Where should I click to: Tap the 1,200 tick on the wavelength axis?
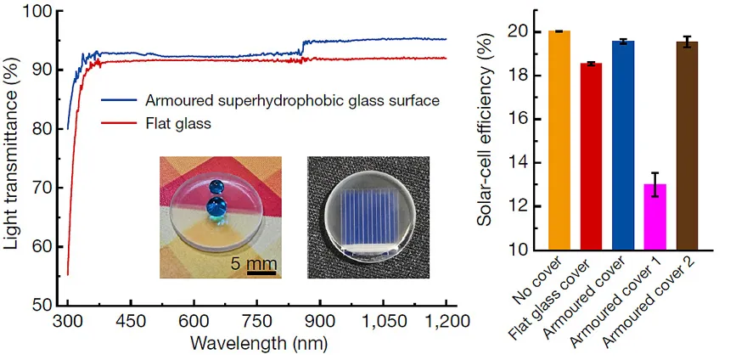447,322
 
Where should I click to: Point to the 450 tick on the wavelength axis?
130,322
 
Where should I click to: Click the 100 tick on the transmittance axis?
41,12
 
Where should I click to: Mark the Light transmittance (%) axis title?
14,157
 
